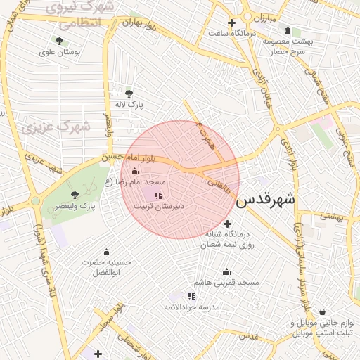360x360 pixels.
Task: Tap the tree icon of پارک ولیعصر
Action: tap(75, 194)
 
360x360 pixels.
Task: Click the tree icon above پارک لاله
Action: tap(129, 93)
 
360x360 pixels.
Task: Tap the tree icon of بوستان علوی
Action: tap(58, 41)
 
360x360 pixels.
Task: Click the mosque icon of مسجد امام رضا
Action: tap(135, 172)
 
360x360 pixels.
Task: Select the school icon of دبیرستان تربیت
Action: tap(158, 195)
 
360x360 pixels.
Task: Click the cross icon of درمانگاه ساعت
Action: tap(231, 22)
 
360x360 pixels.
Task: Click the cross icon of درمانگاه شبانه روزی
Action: tap(226, 224)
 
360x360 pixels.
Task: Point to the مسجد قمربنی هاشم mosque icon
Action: tap(227, 271)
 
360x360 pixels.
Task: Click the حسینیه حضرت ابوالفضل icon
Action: tap(107, 252)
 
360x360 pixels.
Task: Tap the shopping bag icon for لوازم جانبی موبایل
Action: tap(322, 311)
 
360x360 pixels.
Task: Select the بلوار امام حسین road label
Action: tap(127, 157)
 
